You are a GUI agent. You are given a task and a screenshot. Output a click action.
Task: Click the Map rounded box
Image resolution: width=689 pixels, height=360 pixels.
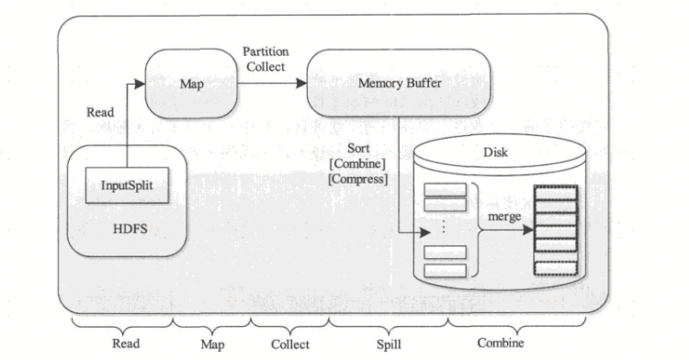191,84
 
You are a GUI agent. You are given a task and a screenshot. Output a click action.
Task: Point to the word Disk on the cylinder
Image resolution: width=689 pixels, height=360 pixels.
496,154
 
